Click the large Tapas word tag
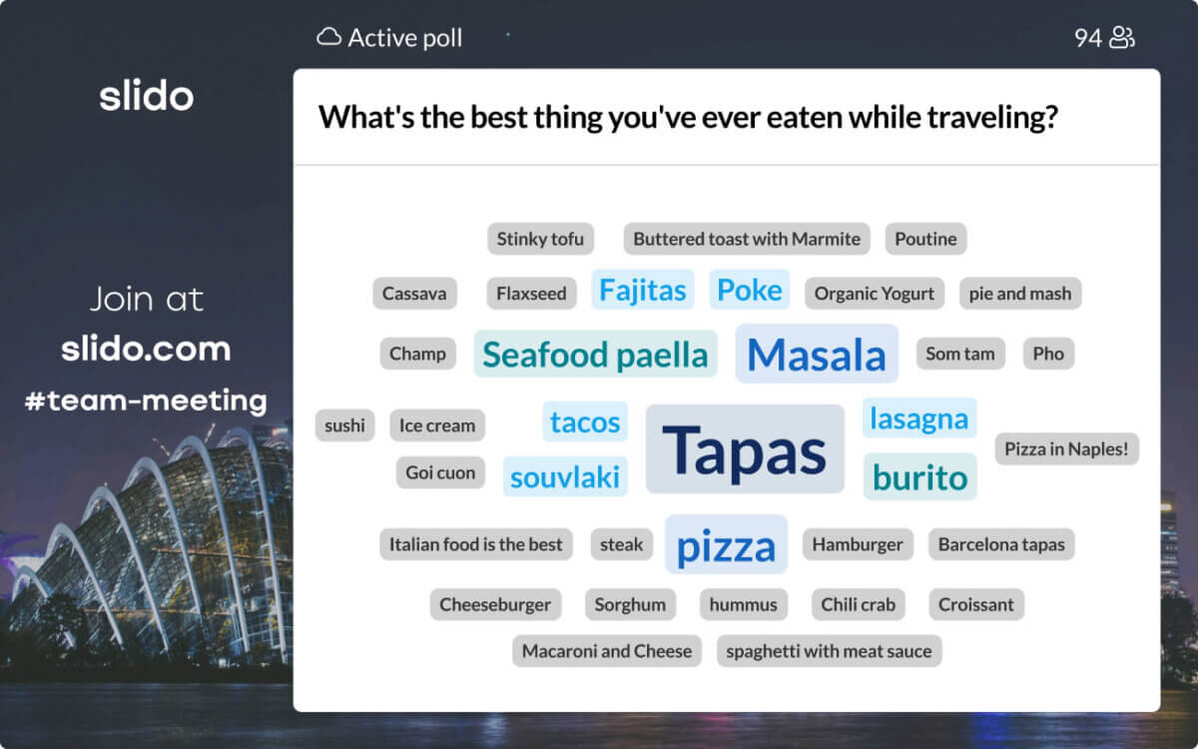pos(745,448)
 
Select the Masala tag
pos(817,354)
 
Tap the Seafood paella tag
pos(595,354)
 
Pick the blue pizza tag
pos(726,544)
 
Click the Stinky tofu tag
pos(540,239)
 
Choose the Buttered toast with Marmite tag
pos(747,239)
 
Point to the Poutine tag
pos(925,239)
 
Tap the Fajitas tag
pos(642,290)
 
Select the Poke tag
pos(750,290)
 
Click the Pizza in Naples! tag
pos(1066,448)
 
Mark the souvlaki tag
pos(565,476)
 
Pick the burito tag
pos(919,476)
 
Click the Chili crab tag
pos(858,604)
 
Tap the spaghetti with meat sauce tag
pos(829,651)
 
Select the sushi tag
pos(344,425)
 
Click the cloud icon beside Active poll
pos(328,37)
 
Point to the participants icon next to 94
pos(1121,38)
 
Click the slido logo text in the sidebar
pos(146,96)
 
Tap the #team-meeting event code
pos(146,400)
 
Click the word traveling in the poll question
pos(992,117)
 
